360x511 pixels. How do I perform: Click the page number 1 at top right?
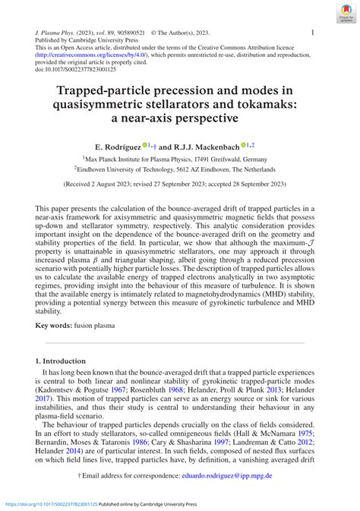[x=313, y=33]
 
